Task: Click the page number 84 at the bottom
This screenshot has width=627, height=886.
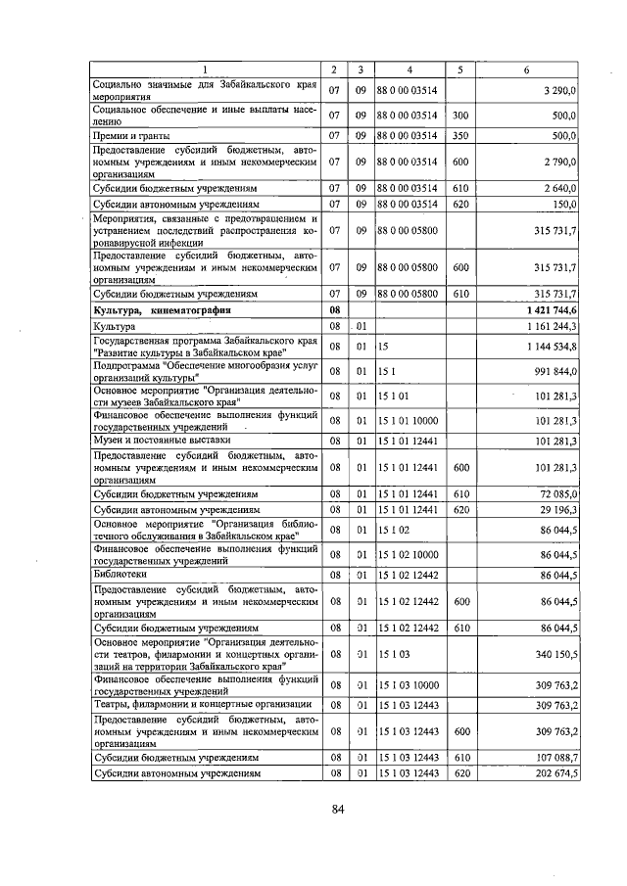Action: point(338,809)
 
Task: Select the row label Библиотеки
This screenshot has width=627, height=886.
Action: point(115,575)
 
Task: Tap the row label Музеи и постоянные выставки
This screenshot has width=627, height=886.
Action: point(153,441)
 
